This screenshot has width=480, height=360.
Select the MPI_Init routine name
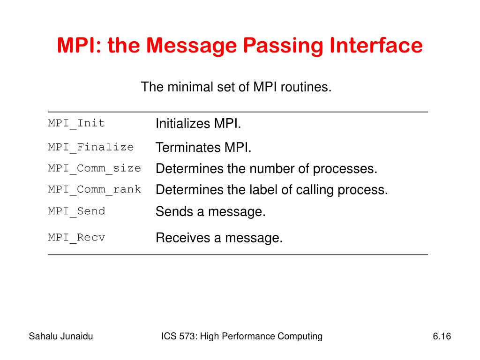point(76,123)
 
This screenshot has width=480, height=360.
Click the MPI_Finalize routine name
point(91,147)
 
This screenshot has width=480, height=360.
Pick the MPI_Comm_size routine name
point(94,168)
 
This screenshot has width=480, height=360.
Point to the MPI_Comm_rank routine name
point(94,189)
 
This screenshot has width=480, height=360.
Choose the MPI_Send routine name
point(76,211)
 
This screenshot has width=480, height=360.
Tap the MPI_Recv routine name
point(76,237)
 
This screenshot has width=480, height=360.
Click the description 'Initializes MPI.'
point(198,124)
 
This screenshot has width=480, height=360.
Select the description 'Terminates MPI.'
point(203,148)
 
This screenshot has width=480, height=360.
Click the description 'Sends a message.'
point(210,212)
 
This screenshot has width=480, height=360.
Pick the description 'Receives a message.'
point(219,238)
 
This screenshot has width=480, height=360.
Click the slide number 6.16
point(442,336)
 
